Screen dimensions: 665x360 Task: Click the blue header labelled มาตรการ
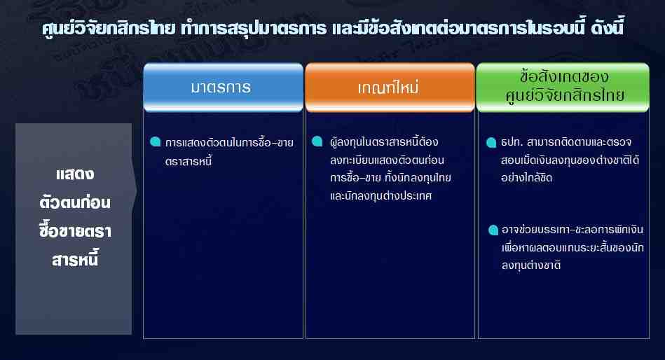[223, 88]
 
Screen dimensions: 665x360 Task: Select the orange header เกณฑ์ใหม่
[390, 88]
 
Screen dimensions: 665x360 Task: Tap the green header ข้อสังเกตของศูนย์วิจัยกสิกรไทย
[563, 88]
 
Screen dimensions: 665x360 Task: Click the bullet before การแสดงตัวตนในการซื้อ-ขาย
[156, 141]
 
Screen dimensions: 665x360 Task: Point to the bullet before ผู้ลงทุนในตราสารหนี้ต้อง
[317, 141]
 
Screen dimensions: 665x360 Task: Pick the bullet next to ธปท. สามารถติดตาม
[491, 142]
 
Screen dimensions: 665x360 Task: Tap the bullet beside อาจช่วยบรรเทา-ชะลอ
[493, 230]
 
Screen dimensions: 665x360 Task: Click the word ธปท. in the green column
[511, 142]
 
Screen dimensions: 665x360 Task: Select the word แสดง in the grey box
[75, 174]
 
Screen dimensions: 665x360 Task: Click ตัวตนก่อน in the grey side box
[75, 202]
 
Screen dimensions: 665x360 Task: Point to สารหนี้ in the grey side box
[75, 259]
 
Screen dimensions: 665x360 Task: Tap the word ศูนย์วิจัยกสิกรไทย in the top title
[109, 29]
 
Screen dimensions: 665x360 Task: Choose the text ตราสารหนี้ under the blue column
[188, 160]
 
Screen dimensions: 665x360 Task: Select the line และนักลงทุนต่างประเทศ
[381, 195]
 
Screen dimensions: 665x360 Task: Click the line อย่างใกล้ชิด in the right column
[527, 178]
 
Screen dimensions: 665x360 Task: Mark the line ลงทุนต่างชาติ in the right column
[531, 265]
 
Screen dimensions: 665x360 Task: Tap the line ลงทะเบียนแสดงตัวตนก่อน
[387, 160]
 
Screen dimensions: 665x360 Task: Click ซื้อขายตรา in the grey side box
[75, 230]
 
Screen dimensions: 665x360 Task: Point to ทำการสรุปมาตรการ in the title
[254, 29]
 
